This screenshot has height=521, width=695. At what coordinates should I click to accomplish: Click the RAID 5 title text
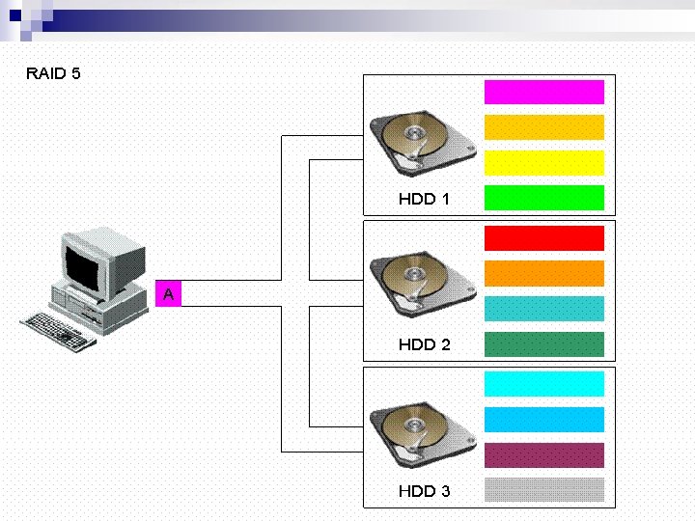click(x=53, y=73)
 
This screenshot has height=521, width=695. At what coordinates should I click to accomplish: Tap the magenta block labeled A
click(x=168, y=293)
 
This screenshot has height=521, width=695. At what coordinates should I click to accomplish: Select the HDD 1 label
click(x=424, y=199)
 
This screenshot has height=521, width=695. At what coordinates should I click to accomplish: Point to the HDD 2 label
click(x=424, y=344)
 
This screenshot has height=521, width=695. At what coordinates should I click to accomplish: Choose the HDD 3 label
click(x=424, y=491)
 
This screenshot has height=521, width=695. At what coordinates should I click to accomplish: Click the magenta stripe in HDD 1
click(x=544, y=93)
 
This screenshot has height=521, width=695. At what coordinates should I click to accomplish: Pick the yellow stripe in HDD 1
click(x=544, y=163)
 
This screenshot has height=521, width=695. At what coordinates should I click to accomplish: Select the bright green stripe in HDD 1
click(x=544, y=198)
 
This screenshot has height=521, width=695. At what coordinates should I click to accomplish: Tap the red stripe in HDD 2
click(x=544, y=238)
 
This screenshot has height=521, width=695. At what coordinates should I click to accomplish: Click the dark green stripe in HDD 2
click(x=544, y=344)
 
